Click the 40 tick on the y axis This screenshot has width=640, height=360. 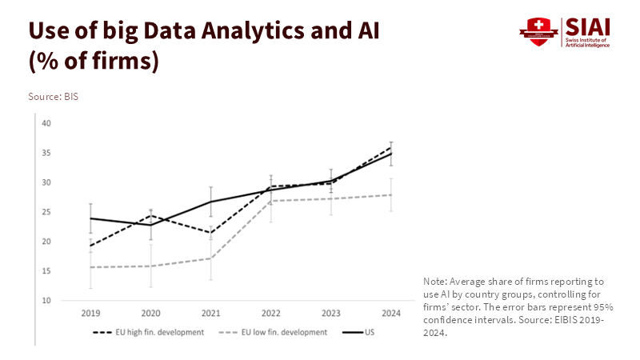click(x=46, y=123)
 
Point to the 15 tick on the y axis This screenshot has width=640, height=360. click(x=46, y=271)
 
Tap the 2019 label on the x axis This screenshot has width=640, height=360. click(x=90, y=312)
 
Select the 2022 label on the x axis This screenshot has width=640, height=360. click(x=271, y=312)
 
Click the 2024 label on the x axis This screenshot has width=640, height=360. click(x=391, y=312)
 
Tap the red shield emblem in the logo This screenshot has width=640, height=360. click(x=537, y=33)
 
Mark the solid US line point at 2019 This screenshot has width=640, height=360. click(x=90, y=218)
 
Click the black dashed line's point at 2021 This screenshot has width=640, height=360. click(x=210, y=233)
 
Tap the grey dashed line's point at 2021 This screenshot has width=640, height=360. click(x=210, y=258)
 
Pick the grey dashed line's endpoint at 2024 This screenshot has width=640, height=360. click(x=391, y=195)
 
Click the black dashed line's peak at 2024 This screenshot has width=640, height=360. click(x=391, y=148)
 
